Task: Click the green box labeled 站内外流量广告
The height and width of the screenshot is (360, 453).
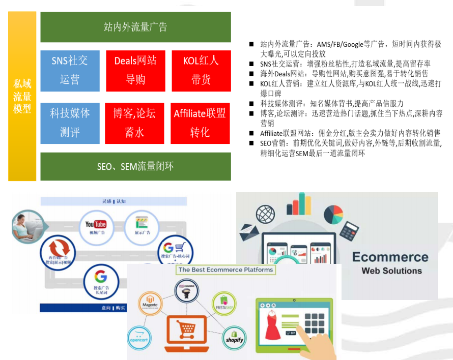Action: (x=135, y=27)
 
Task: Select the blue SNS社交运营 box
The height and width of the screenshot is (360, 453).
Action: (x=70, y=71)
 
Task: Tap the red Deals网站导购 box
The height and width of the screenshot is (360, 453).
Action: (x=135, y=71)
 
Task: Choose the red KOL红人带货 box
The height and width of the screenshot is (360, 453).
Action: (x=201, y=71)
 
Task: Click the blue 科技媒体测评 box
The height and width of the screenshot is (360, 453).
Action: (x=70, y=123)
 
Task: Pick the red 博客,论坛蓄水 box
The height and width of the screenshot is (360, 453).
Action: (x=135, y=123)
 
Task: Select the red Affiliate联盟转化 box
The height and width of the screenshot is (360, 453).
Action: (x=200, y=123)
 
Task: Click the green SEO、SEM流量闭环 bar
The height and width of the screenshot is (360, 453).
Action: (x=135, y=166)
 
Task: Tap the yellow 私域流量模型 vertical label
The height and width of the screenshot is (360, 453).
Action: (x=22, y=96)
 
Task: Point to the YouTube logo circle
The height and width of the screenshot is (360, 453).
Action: (x=96, y=224)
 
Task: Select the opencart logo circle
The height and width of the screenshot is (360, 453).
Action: (x=138, y=335)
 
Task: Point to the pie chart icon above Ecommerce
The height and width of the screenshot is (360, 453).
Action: (x=333, y=214)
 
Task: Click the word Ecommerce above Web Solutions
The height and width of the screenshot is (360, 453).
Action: (x=390, y=257)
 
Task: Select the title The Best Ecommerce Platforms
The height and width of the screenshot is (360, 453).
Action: (x=225, y=269)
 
